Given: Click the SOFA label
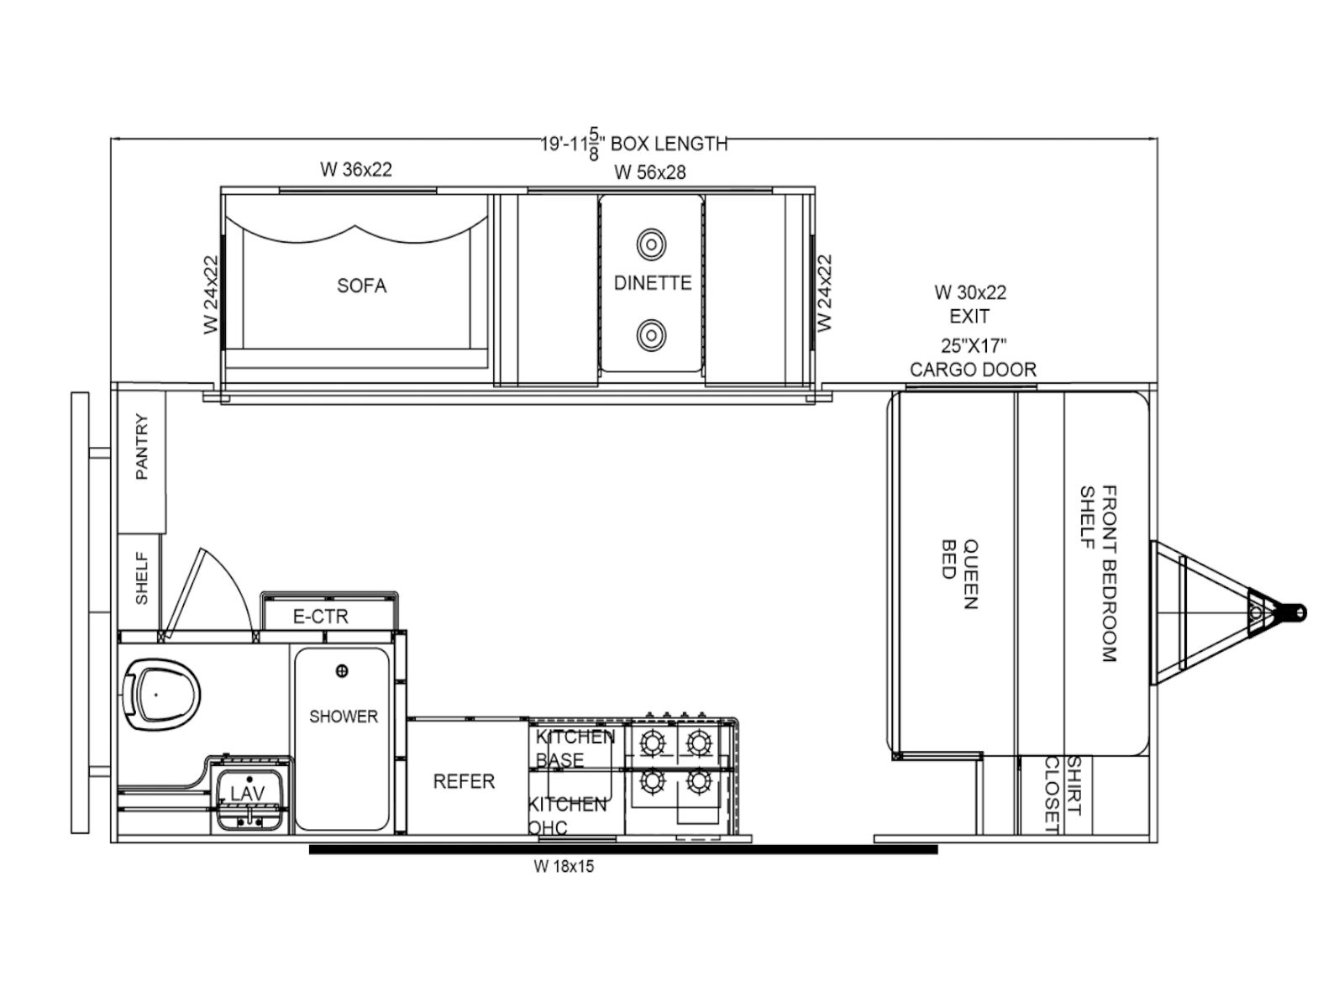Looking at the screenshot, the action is click(362, 286).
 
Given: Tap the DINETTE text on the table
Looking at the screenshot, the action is click(653, 283).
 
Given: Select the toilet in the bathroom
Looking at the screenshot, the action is click(161, 696).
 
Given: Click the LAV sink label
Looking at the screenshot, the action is click(247, 794).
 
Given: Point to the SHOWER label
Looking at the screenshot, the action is click(344, 716).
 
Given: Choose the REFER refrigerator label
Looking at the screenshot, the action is click(465, 781).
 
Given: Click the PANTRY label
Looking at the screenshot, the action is click(141, 447).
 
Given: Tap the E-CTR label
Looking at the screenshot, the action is click(321, 617).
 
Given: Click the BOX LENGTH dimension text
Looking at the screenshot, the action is click(634, 144).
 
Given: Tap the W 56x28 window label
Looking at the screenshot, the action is click(650, 172).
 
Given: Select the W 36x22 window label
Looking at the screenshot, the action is click(356, 170).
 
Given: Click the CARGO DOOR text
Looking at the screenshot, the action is click(973, 370).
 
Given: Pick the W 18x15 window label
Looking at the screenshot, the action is click(564, 867).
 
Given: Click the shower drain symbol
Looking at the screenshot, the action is click(342, 671).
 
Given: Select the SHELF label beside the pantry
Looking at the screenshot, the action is click(141, 579).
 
